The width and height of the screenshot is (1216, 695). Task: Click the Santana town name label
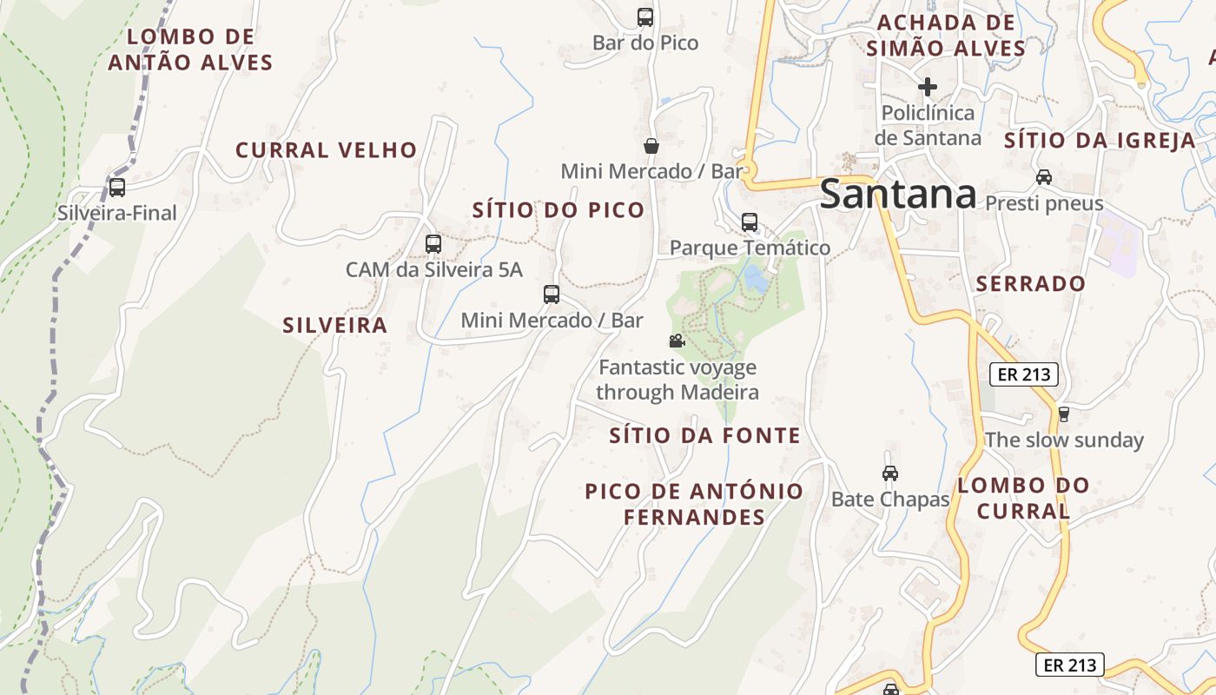coord(897,194)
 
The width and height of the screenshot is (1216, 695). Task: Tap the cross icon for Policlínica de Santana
coord(928,87)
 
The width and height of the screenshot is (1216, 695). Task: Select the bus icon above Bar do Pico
coord(645,17)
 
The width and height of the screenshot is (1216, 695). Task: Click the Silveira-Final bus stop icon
coord(117,187)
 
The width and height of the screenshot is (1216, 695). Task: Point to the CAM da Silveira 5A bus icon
coord(433,244)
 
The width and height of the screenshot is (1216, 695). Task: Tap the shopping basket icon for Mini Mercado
coord(651,145)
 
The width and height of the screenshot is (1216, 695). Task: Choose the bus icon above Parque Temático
coord(750,222)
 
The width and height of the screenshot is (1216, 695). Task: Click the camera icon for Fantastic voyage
coord(677,341)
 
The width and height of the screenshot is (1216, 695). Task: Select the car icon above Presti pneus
coord(1044,177)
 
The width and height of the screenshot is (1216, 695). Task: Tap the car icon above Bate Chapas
coord(890,473)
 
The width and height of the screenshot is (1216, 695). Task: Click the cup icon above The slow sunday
coord(1063,414)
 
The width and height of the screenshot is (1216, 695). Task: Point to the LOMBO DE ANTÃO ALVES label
coord(191,50)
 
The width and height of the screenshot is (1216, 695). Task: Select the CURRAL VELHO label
coord(327,149)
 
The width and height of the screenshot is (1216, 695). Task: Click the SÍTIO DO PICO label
coord(558,209)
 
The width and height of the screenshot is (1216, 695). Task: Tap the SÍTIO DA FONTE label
coord(704,435)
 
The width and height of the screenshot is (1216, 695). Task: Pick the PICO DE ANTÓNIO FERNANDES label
coord(694,504)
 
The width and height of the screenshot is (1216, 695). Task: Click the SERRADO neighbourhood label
coord(1031,283)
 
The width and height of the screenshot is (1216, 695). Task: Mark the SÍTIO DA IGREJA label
coord(1100,141)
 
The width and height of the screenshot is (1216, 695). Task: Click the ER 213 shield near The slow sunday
coord(1024,375)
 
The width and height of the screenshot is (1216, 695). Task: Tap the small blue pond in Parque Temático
coord(755,279)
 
